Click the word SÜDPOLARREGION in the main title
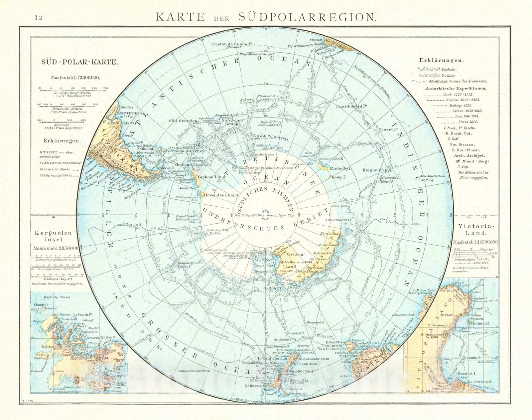pos(308,17)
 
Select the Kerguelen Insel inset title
pos(53,236)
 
